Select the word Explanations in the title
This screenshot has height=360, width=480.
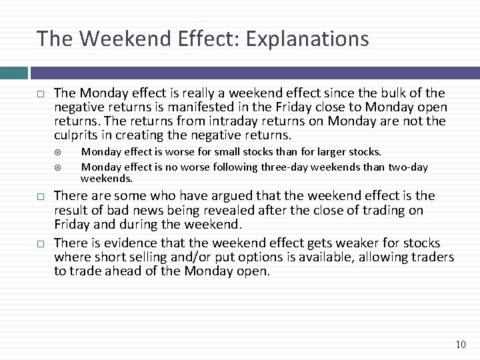click(x=307, y=39)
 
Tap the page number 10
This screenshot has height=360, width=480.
click(x=461, y=345)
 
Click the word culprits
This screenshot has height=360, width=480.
click(x=75, y=135)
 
